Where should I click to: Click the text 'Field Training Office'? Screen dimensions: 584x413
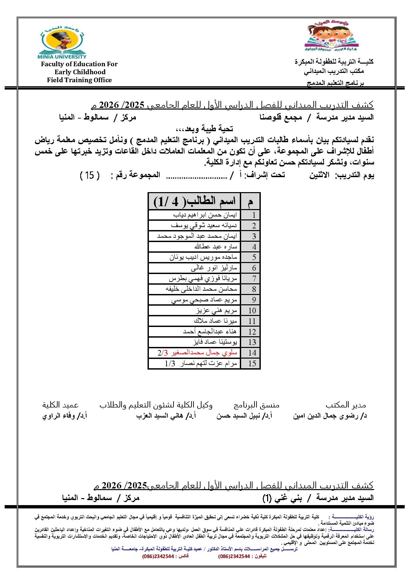click(x=79, y=80)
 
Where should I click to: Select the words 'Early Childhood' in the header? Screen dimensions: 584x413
click(x=80, y=72)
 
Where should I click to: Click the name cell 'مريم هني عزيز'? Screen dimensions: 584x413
click(x=216, y=311)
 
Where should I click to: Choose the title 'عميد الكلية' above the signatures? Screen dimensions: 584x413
click(x=60, y=405)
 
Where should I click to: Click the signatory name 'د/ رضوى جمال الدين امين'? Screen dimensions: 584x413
click(x=330, y=416)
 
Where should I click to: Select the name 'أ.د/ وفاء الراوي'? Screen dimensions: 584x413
click(x=65, y=416)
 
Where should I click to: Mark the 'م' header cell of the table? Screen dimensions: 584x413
click(x=250, y=201)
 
